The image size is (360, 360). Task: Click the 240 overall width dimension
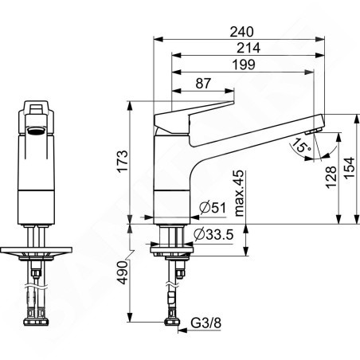point(241,32)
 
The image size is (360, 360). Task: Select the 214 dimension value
point(248,48)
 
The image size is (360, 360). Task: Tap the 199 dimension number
point(244,65)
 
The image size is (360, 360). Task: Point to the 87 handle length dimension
point(203,83)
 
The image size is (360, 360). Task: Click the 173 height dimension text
point(123,162)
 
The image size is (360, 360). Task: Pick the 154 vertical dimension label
point(349,168)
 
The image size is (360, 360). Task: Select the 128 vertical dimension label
point(331,178)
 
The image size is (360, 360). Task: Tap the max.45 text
point(239,193)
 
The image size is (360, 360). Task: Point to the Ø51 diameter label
point(213,207)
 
